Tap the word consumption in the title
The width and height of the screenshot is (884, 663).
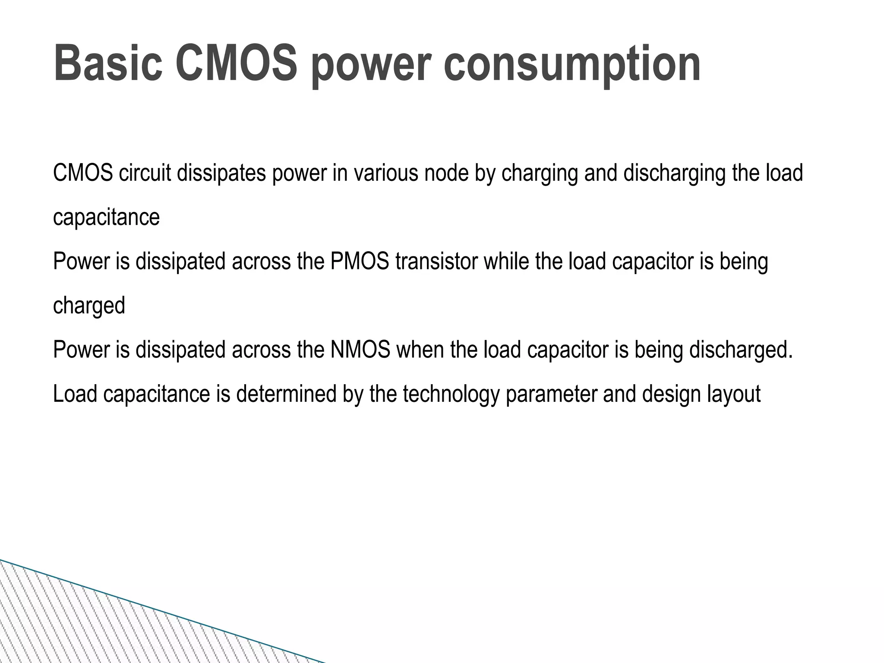tap(572, 65)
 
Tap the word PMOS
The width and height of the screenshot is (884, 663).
tap(360, 262)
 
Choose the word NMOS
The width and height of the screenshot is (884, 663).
tap(360, 350)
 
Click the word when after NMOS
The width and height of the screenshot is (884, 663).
tap(420, 350)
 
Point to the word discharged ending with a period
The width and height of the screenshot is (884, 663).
tap(741, 350)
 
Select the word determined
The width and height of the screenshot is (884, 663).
tap(286, 394)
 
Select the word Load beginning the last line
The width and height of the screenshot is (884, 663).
tap(75, 394)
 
